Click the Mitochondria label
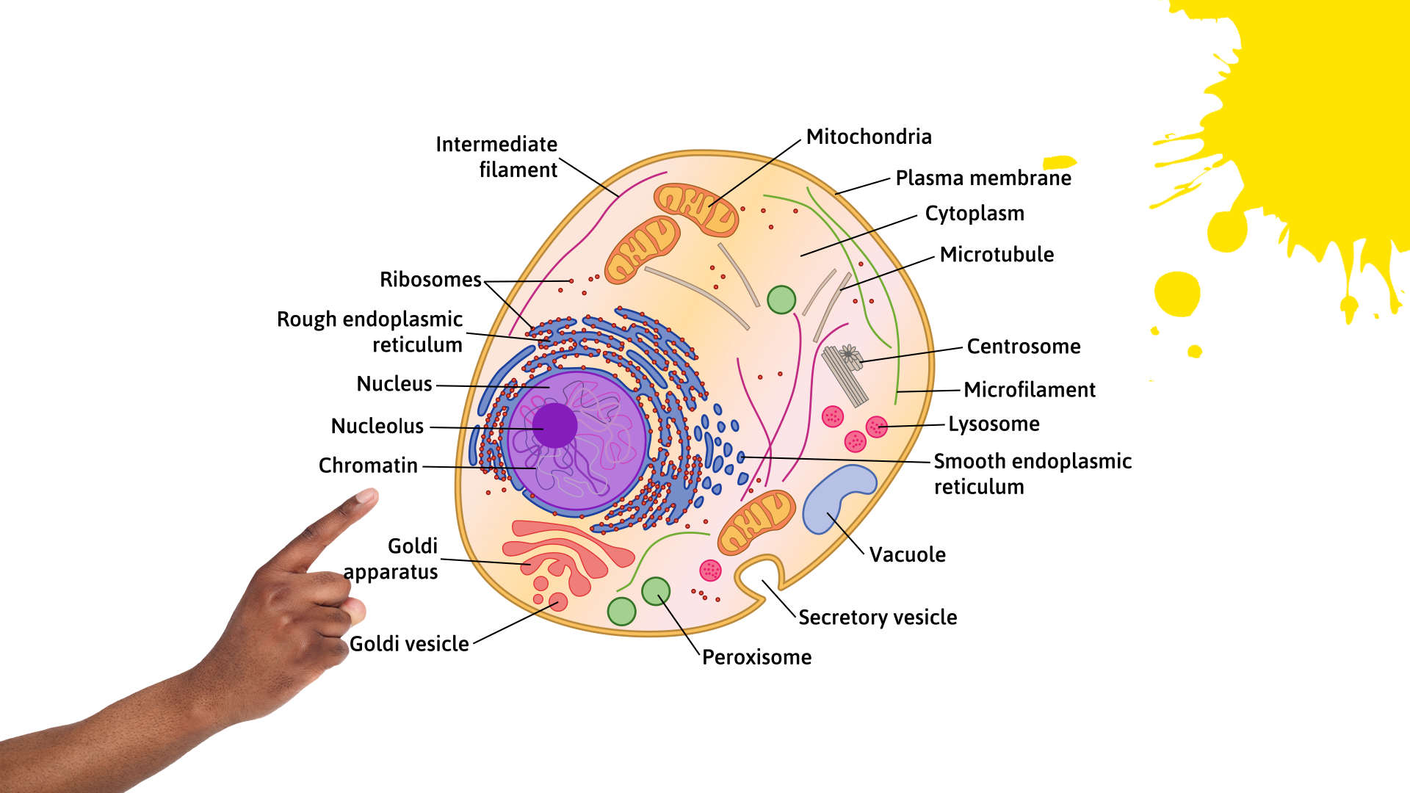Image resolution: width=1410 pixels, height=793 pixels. pyautogui.click(x=869, y=137)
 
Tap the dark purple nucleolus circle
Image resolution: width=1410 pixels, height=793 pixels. pyautogui.click(x=554, y=425)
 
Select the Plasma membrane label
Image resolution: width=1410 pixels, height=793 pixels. pyautogui.click(x=983, y=178)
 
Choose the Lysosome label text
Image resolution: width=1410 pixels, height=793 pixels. pyautogui.click(x=994, y=424)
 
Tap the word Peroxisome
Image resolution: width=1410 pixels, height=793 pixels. pyautogui.click(x=756, y=656)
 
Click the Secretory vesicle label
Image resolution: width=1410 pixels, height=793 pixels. pyautogui.click(x=878, y=617)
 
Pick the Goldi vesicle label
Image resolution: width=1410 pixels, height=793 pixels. pyautogui.click(x=409, y=643)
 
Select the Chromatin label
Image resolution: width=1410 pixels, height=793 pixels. pyautogui.click(x=368, y=465)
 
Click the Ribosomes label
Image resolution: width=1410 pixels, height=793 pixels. pyautogui.click(x=430, y=279)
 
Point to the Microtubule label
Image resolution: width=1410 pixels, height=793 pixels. pyautogui.click(x=997, y=254)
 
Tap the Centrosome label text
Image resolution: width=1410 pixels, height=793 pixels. pyautogui.click(x=1024, y=346)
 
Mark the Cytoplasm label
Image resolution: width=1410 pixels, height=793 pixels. pyautogui.click(x=975, y=213)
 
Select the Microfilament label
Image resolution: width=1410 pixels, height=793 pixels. pyautogui.click(x=1030, y=389)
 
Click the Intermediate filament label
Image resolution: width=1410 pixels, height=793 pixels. pyautogui.click(x=496, y=156)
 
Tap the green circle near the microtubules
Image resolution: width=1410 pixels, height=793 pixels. pyautogui.click(x=781, y=300)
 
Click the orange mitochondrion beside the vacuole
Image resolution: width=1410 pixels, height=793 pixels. pyautogui.click(x=756, y=521)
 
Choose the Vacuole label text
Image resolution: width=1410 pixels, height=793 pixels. pyautogui.click(x=908, y=554)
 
